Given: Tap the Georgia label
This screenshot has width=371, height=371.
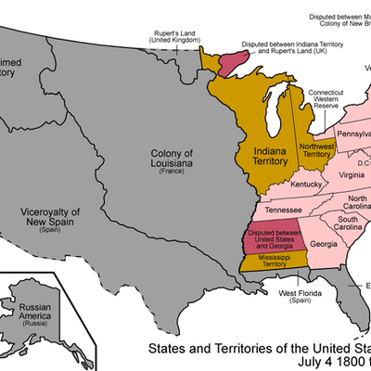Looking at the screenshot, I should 324,244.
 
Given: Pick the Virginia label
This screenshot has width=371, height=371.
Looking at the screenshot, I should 351,175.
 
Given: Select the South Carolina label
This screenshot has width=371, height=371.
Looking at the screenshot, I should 349,222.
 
